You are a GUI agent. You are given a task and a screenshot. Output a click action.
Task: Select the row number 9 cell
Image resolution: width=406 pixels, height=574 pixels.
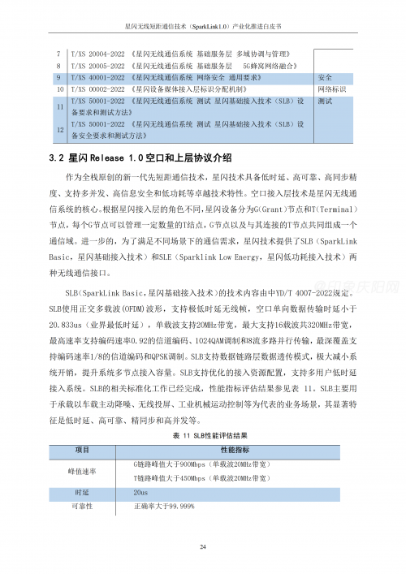[x=58, y=77]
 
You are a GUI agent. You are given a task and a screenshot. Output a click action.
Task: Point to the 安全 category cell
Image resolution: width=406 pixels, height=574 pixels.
[x=325, y=77]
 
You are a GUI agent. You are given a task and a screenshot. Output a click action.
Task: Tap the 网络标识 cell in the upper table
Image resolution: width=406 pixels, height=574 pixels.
[x=332, y=88]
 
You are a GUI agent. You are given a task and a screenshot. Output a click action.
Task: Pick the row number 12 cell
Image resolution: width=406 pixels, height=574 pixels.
[x=58, y=130]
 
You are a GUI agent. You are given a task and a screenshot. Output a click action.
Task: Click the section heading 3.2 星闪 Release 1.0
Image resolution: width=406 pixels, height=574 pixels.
[x=140, y=158]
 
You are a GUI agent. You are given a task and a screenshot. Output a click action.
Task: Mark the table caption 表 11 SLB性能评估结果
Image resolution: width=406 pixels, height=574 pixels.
[x=202, y=435]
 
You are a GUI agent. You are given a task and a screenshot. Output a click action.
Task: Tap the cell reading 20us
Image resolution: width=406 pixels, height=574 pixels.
[x=140, y=492]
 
